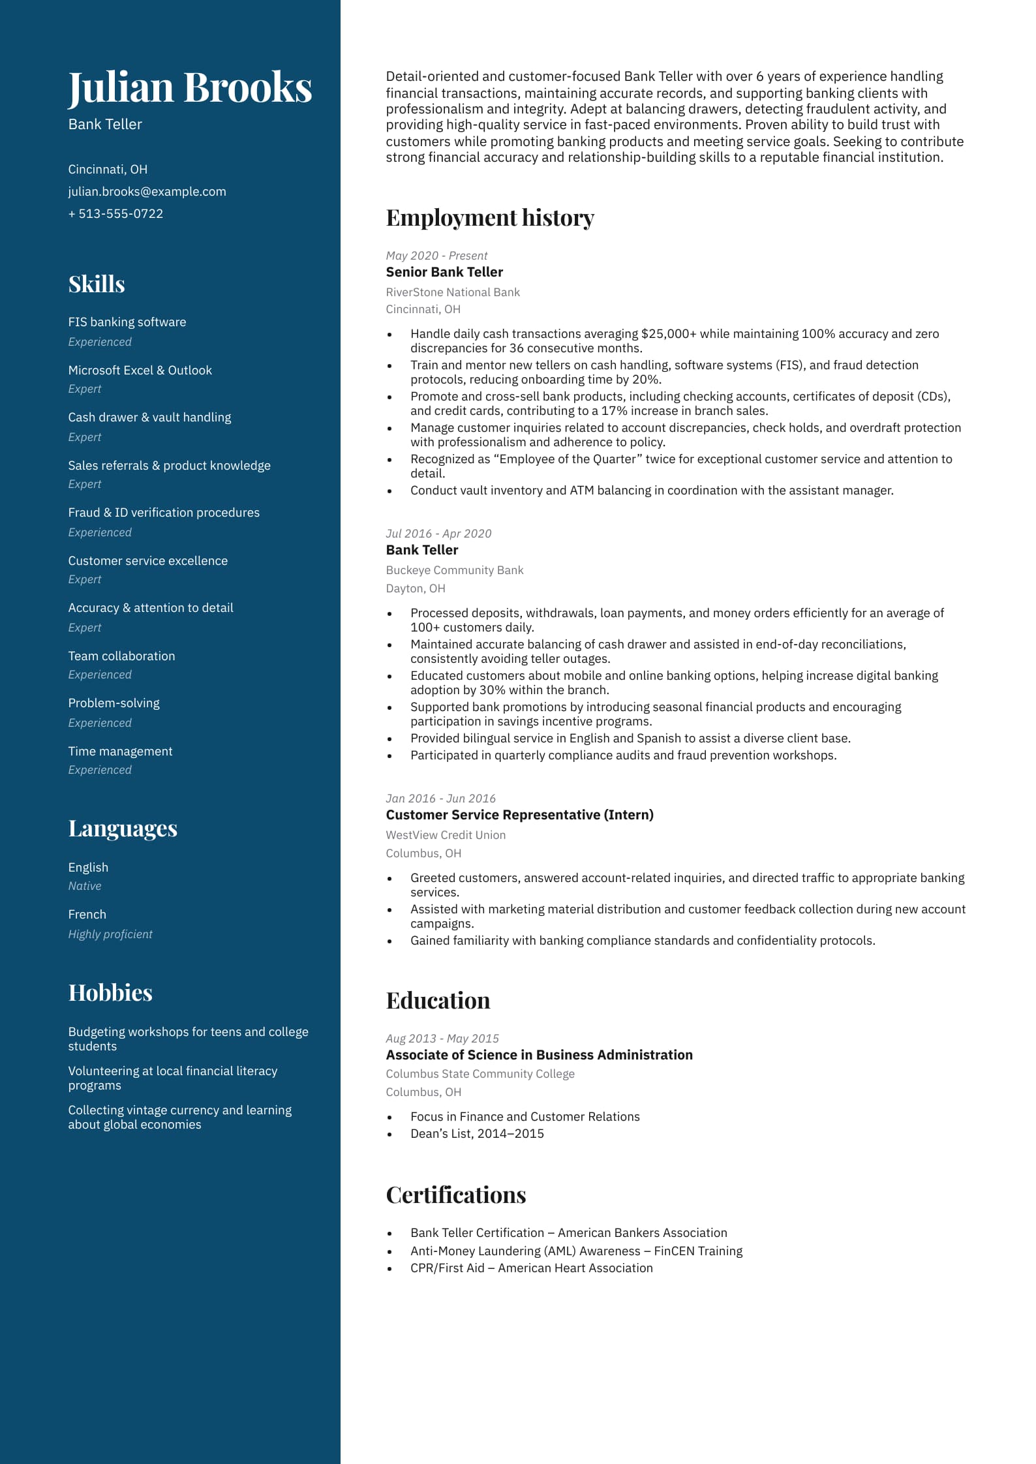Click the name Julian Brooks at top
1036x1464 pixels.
coord(190,87)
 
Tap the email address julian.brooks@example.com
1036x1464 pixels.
coord(147,192)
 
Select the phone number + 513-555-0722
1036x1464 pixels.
coord(115,214)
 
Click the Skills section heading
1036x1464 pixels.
coord(97,284)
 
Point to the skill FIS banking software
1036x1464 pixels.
coord(127,322)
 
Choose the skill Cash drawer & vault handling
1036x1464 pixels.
coord(149,418)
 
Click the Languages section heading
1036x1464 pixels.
coord(123,829)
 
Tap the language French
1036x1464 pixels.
coord(87,915)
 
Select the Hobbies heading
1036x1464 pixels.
coord(110,993)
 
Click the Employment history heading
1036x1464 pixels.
coord(490,218)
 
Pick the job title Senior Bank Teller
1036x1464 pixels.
coord(444,273)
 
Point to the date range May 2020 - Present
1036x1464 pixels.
coord(436,256)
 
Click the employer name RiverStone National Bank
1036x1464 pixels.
coord(453,292)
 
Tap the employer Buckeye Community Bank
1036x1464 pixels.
coord(455,570)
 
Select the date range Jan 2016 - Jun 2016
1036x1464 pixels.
coord(440,799)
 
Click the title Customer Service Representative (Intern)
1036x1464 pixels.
coord(519,815)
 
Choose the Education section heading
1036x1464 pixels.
coord(438,1001)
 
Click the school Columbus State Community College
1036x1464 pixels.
coord(480,1074)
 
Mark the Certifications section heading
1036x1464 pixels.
coord(456,1195)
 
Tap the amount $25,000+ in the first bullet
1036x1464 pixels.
coord(669,334)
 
